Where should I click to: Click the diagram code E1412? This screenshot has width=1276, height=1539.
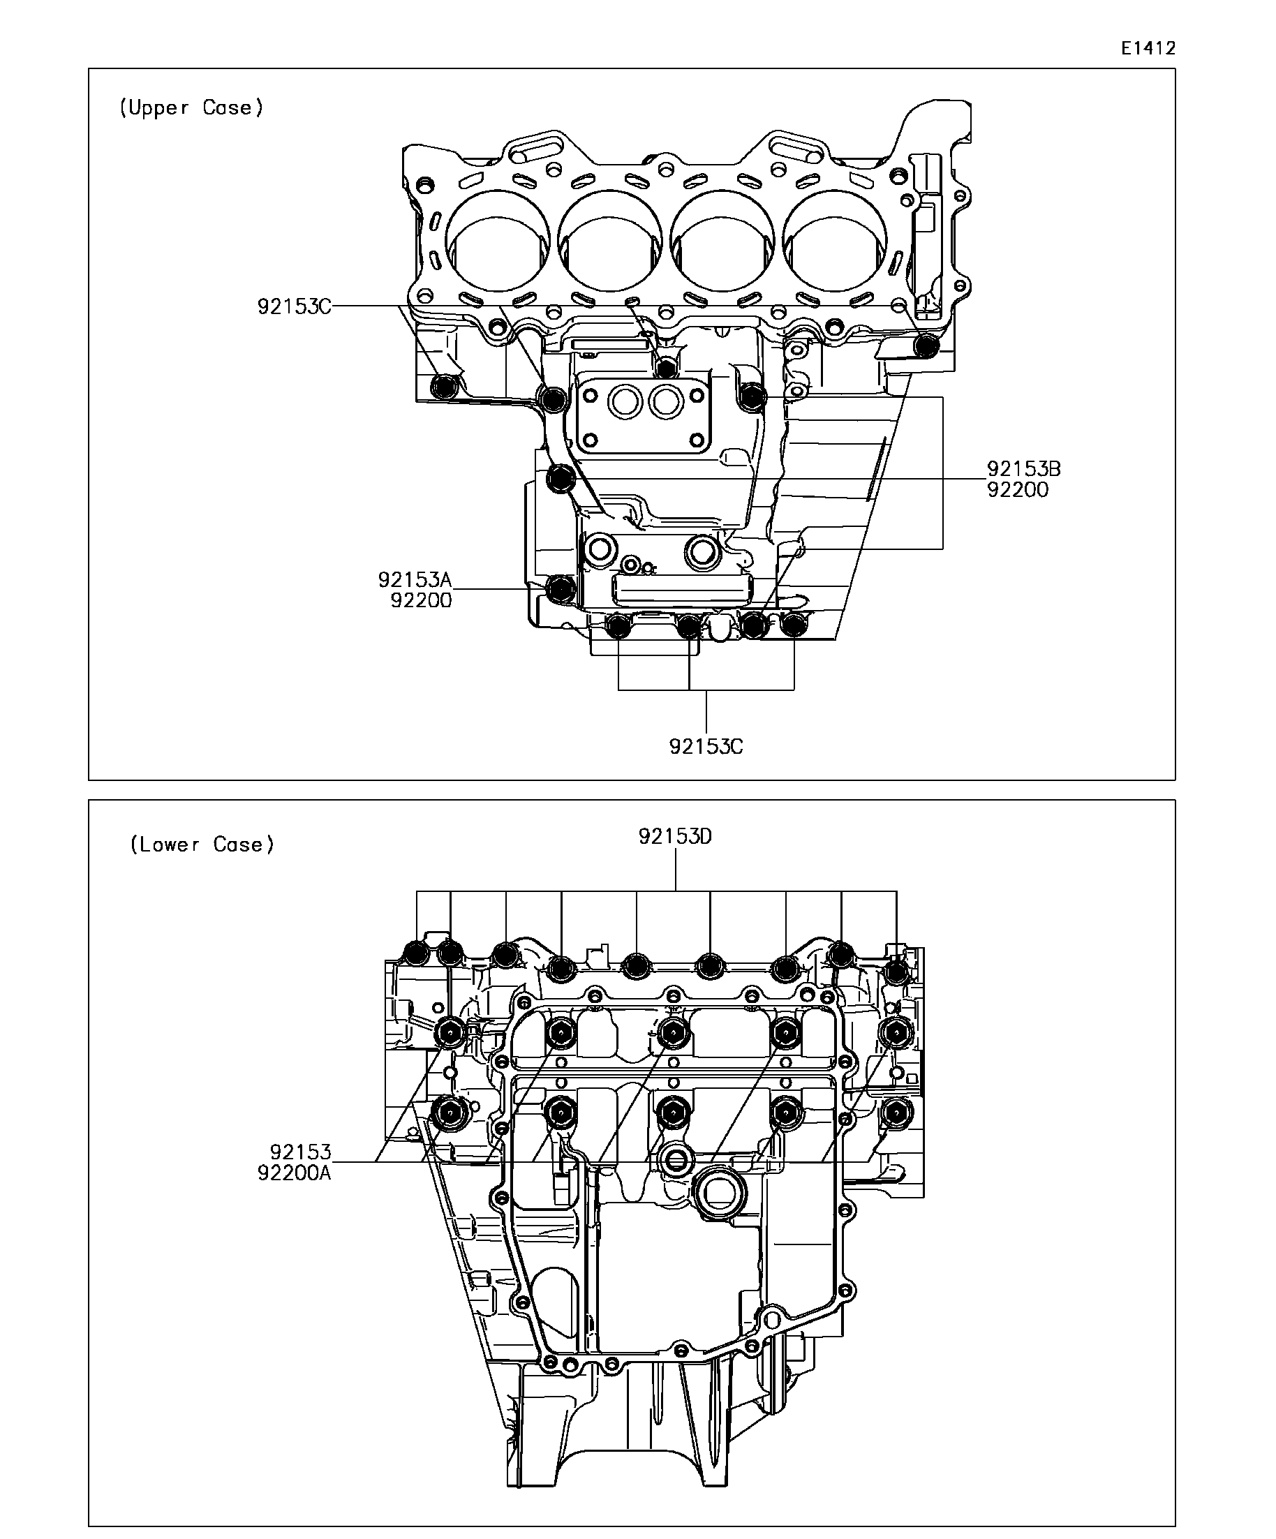click(1148, 48)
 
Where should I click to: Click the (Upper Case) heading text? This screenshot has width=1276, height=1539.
click(191, 107)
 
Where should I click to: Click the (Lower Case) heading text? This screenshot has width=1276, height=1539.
click(202, 845)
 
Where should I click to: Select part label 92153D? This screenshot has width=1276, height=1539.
click(675, 836)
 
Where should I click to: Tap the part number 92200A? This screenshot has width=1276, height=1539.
click(294, 1173)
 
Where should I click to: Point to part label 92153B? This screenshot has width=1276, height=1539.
click(1023, 468)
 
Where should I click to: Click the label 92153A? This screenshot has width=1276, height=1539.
click(415, 580)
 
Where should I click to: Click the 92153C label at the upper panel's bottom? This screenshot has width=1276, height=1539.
click(706, 746)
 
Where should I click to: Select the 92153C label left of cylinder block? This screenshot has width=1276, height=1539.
click(294, 306)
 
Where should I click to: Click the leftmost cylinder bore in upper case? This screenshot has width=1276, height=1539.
click(498, 241)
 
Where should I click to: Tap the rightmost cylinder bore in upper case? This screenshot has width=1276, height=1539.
click(835, 241)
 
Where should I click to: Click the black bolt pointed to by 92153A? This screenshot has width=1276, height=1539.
click(561, 588)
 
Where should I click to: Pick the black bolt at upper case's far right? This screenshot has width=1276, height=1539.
click(928, 345)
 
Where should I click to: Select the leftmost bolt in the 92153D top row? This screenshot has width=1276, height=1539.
click(416, 953)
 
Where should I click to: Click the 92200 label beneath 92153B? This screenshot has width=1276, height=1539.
click(1017, 489)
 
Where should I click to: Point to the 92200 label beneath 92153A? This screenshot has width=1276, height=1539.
click(421, 600)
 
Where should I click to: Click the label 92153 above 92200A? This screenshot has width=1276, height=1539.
click(299, 1152)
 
